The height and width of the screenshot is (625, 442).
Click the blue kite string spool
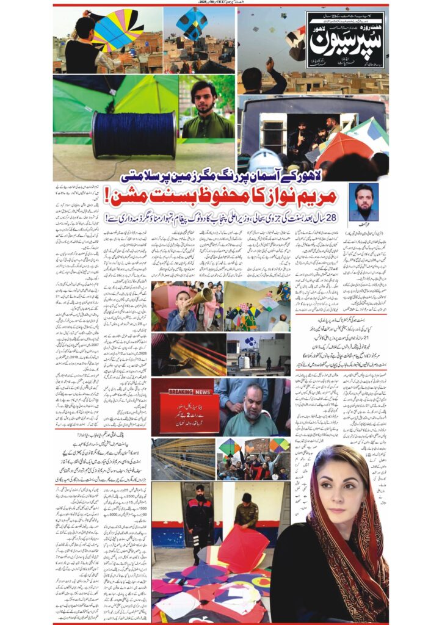coord(134,134)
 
